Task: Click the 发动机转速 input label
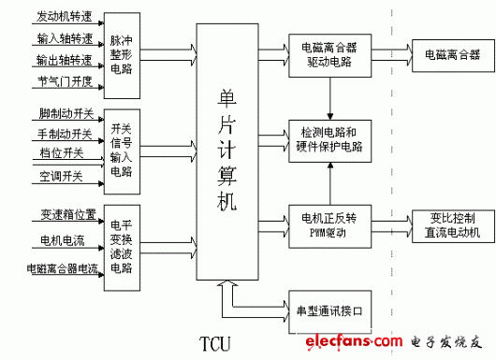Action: pos(65,17)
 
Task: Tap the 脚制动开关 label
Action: pos(65,113)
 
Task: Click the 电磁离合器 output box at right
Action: pos(446,55)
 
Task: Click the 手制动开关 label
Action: pos(65,134)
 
